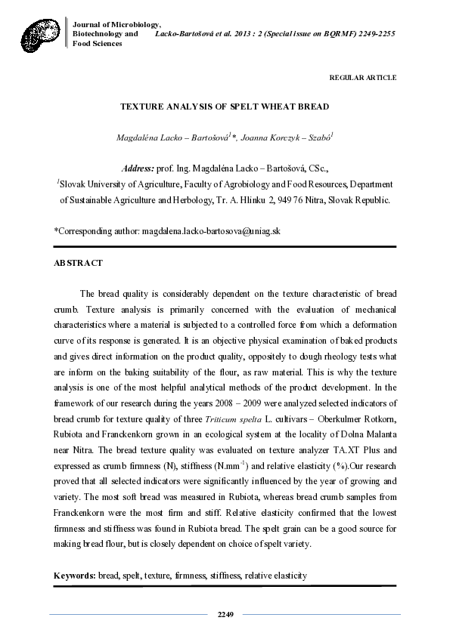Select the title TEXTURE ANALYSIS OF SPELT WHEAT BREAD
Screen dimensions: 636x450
225,107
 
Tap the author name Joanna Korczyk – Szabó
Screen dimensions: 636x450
288,138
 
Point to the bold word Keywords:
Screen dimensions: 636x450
74,576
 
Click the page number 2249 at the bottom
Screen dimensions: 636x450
225,614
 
